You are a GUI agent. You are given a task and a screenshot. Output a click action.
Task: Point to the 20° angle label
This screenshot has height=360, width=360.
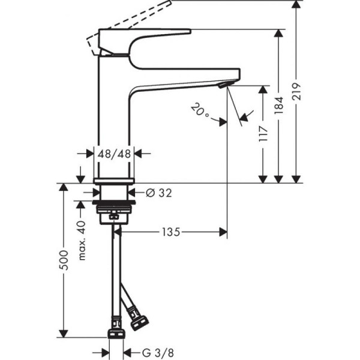(200, 111)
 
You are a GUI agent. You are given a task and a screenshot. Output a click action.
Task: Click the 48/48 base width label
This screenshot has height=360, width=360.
(114, 154)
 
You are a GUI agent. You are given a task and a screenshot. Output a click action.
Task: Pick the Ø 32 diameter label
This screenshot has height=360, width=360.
(158, 193)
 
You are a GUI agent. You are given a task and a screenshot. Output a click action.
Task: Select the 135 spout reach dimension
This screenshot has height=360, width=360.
(170, 232)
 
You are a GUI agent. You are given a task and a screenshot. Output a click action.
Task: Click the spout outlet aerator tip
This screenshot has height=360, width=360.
(225, 86)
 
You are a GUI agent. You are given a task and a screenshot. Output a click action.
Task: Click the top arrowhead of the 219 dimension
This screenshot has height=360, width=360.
(296, 5)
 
